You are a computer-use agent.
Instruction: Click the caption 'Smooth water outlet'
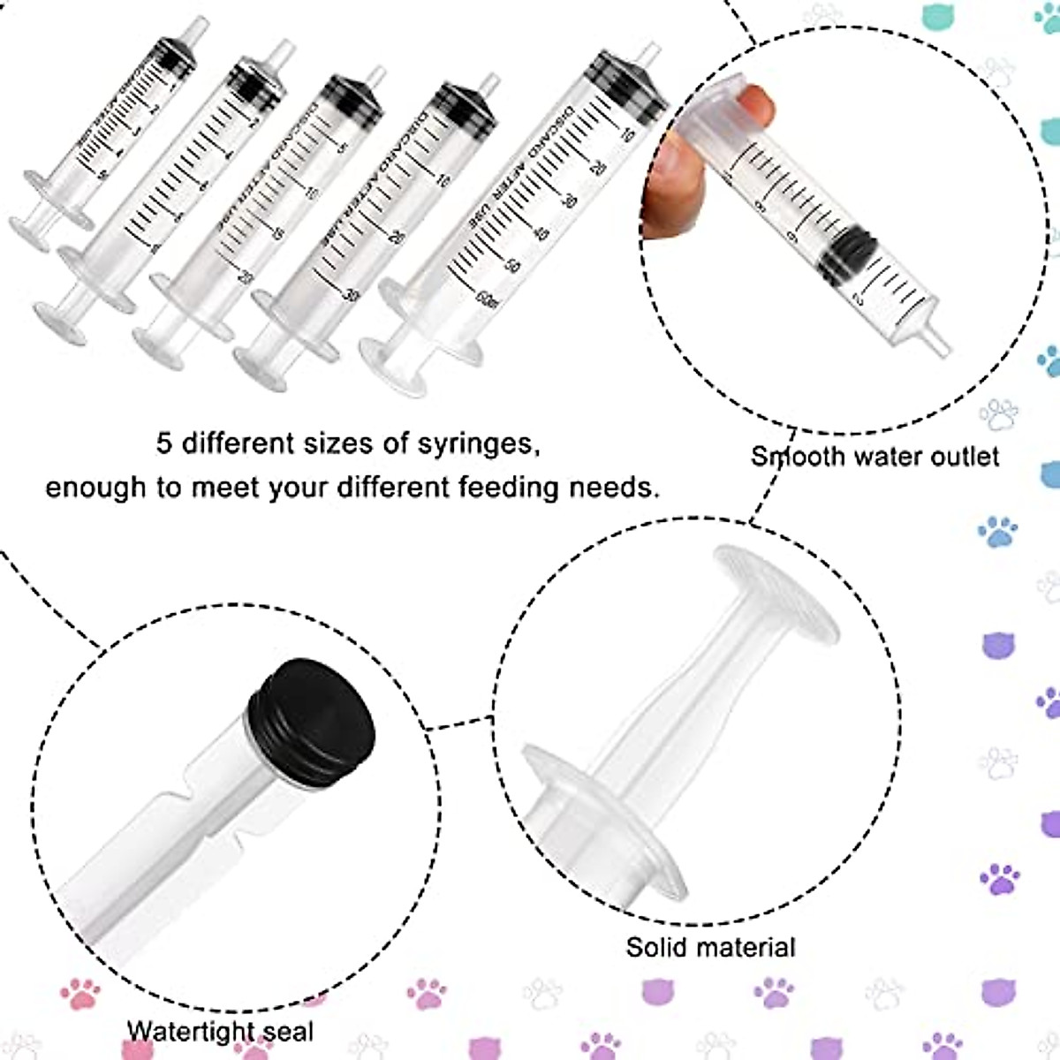pos(874,456)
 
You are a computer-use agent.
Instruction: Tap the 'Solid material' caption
pos(710,948)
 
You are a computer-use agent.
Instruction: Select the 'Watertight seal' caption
pos(220,1031)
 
